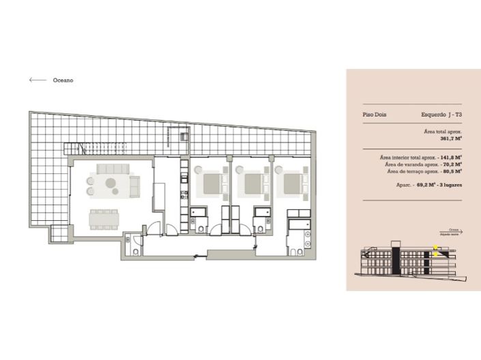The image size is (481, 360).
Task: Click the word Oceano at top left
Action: click(63, 80)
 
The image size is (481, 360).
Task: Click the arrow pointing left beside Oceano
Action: click(38, 80)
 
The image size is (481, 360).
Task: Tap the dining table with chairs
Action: click(104, 218)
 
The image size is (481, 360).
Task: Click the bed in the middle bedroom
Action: click(253, 182)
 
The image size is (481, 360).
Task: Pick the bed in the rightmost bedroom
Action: click(294, 182)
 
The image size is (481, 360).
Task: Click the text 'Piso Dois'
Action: click(375, 115)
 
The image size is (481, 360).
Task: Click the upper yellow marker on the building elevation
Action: click(435, 247)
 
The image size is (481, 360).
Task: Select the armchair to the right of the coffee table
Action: click(134, 183)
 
